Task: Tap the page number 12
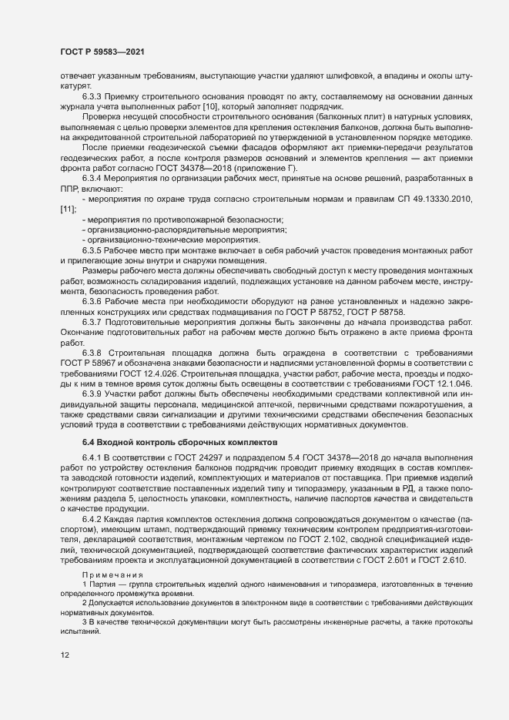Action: click(65, 656)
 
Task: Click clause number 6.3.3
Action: click(94, 95)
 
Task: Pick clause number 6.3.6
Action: click(94, 300)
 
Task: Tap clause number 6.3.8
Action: click(94, 350)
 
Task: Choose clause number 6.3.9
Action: click(94, 393)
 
